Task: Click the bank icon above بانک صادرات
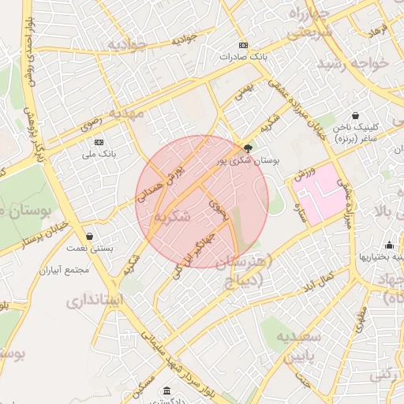pyautogui.click(x=243, y=45)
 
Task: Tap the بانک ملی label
pyautogui.click(x=99, y=155)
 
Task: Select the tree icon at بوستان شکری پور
pyautogui.click(x=249, y=148)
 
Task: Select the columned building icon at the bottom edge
pyautogui.click(x=167, y=391)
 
